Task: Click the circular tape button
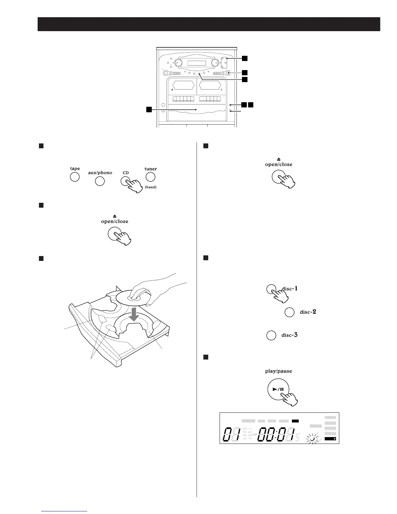(x=75, y=177)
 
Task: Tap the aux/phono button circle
(x=100, y=181)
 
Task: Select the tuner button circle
(x=150, y=177)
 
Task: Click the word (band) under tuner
(x=150, y=187)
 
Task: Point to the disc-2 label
(x=308, y=312)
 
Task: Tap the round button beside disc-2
(x=289, y=312)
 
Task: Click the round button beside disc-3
(x=271, y=336)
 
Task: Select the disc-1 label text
(x=289, y=288)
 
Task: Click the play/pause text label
(x=278, y=371)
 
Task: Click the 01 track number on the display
(x=232, y=435)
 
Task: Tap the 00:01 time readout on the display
(x=276, y=435)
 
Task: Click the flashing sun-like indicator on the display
(x=312, y=439)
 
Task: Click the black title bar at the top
(x=209, y=24)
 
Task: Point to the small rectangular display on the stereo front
(x=197, y=63)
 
